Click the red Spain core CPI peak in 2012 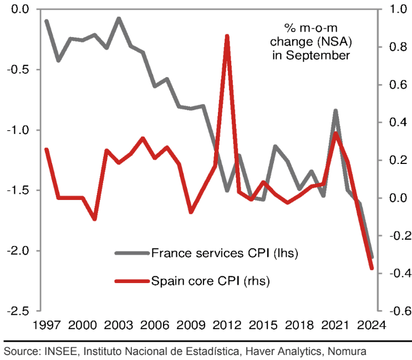click(227, 37)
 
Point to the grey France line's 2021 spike click(335, 111)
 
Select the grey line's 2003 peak click(119, 19)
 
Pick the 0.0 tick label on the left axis click(21, 9)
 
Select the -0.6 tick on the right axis click(391, 311)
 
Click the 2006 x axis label click(155, 325)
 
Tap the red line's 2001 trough click(94, 219)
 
